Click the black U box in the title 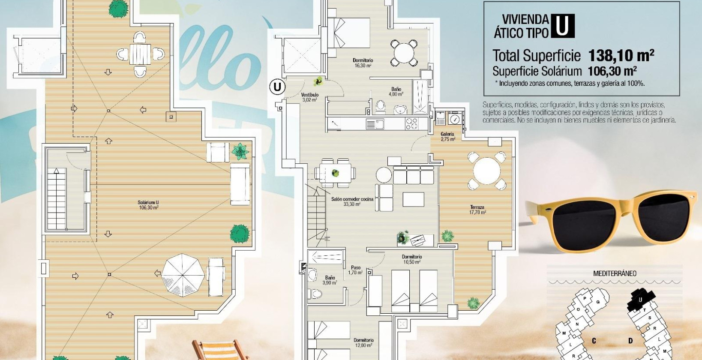pos(562,26)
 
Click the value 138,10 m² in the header pos(621,56)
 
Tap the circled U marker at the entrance pos(277,87)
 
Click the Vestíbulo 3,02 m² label pos(309,97)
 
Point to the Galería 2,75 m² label pos(447,137)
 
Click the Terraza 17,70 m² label pos(477,210)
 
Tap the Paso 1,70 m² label pos(355,270)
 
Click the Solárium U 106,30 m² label pos(148,205)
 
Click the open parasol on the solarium pos(183,275)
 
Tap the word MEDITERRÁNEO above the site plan pos(615,273)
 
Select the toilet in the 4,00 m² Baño pos(380,105)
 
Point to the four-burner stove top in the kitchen pos(411,123)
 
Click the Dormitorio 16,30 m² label pos(363,63)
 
